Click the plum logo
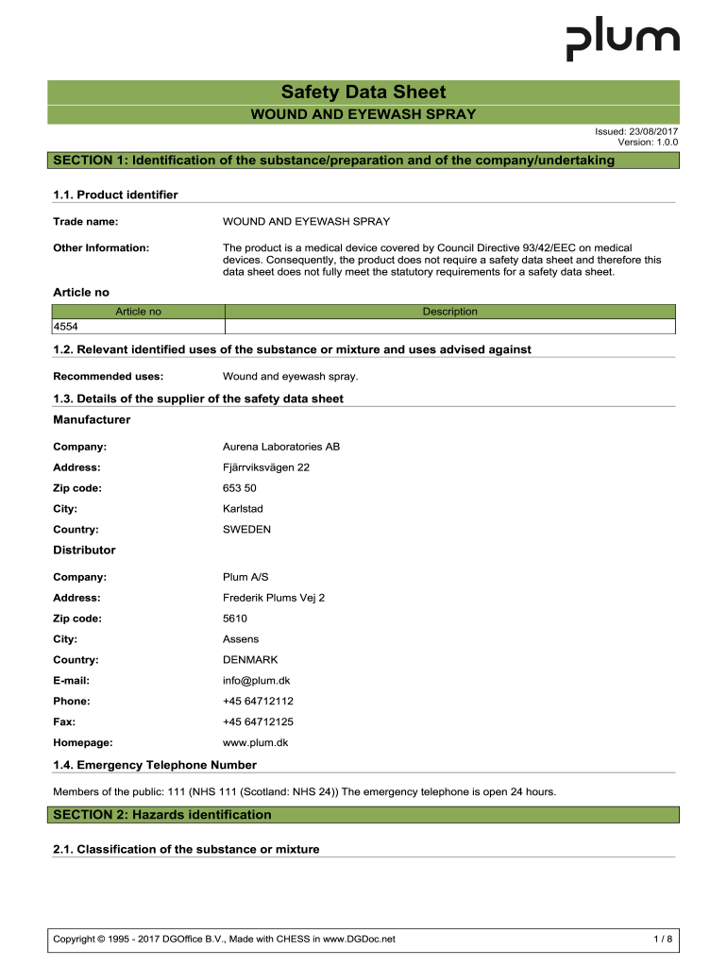coord(622,41)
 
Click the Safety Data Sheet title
coord(363,93)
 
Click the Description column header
coord(449,312)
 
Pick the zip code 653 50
coord(239,488)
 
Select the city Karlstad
coord(243,509)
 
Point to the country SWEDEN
coord(246,530)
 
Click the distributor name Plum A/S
coord(244,577)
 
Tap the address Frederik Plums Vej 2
coord(273,598)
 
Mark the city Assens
coord(240,639)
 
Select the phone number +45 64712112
coord(258,702)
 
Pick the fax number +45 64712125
coord(258,722)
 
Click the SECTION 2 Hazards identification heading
coord(162,815)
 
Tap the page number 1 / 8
coord(663,939)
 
